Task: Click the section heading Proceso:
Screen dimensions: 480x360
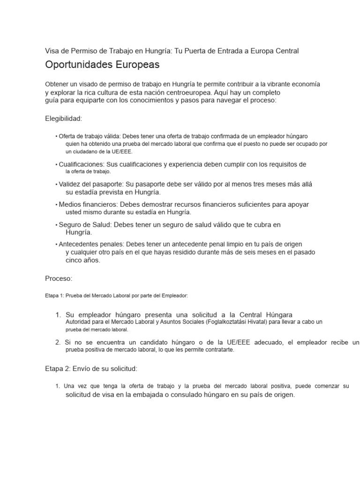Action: (59, 278)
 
